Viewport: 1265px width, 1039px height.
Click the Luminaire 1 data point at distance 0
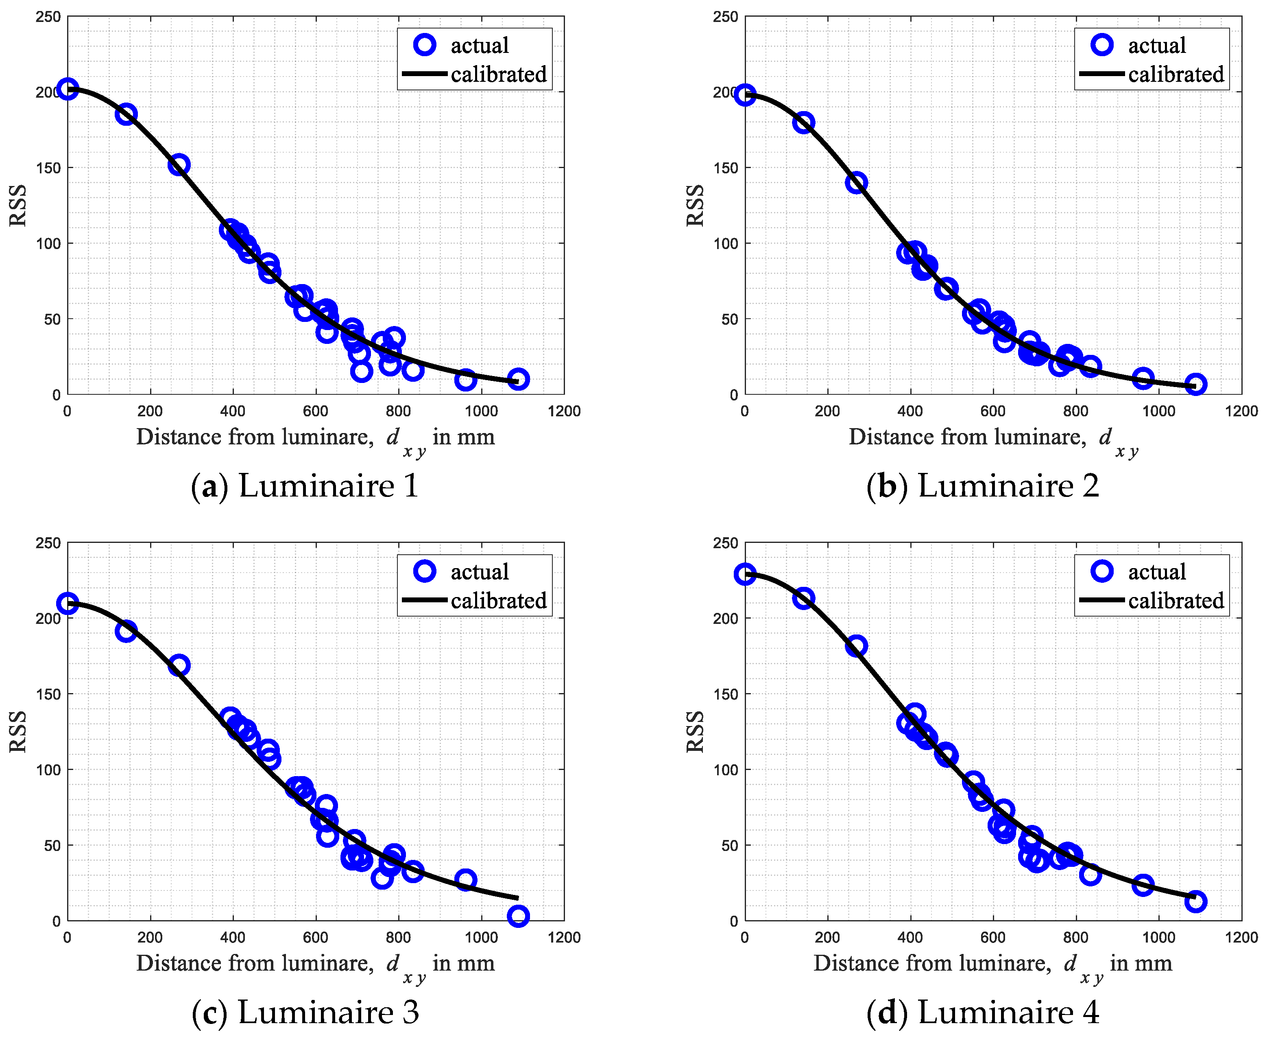click(x=68, y=89)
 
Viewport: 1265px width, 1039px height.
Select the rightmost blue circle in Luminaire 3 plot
click(x=518, y=915)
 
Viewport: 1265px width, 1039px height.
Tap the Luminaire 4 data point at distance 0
click(x=745, y=574)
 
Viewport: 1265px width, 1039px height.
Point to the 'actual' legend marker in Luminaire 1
click(x=425, y=44)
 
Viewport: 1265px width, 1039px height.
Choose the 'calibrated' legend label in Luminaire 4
click(x=1176, y=600)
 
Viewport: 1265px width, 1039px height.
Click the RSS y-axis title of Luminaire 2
click(x=695, y=205)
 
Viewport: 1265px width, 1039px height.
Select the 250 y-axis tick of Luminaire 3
click(x=48, y=543)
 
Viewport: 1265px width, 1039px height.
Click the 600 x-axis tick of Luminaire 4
click(x=993, y=937)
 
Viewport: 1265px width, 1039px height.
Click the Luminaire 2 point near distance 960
click(x=1143, y=378)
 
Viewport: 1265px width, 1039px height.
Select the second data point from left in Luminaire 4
click(x=803, y=598)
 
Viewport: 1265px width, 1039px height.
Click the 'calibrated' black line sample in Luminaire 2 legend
click(x=1102, y=74)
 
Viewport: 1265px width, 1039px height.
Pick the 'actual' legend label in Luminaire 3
click(x=479, y=571)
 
